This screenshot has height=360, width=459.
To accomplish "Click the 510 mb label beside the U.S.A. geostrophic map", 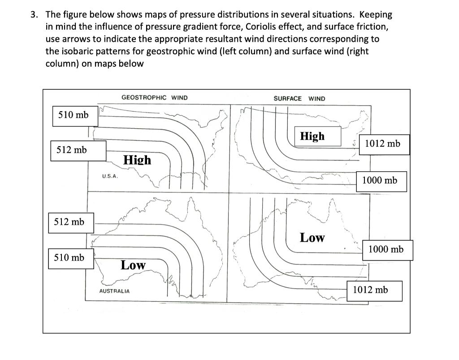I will click(x=74, y=115).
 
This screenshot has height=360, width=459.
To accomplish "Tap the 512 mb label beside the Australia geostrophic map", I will click(x=69, y=221).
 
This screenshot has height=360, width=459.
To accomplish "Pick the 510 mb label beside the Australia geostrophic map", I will click(x=69, y=257).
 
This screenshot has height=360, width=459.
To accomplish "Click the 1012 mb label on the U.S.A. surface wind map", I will click(x=383, y=144).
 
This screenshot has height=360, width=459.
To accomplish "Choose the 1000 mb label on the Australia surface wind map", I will click(x=386, y=249).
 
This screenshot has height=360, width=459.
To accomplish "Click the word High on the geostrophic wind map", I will click(x=137, y=160).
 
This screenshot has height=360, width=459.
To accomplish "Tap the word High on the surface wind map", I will click(x=312, y=136).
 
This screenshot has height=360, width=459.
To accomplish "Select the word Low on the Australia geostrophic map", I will click(x=133, y=265).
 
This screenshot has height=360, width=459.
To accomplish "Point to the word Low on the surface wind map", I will click(x=312, y=238).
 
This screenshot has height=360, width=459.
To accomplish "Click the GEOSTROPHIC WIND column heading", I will click(x=155, y=98).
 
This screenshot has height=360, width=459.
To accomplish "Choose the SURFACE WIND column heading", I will click(x=299, y=99).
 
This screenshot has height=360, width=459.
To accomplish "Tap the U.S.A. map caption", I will click(x=109, y=176).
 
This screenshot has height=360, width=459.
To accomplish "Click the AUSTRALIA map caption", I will click(x=114, y=291).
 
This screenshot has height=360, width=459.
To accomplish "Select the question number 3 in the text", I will click(x=33, y=14).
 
